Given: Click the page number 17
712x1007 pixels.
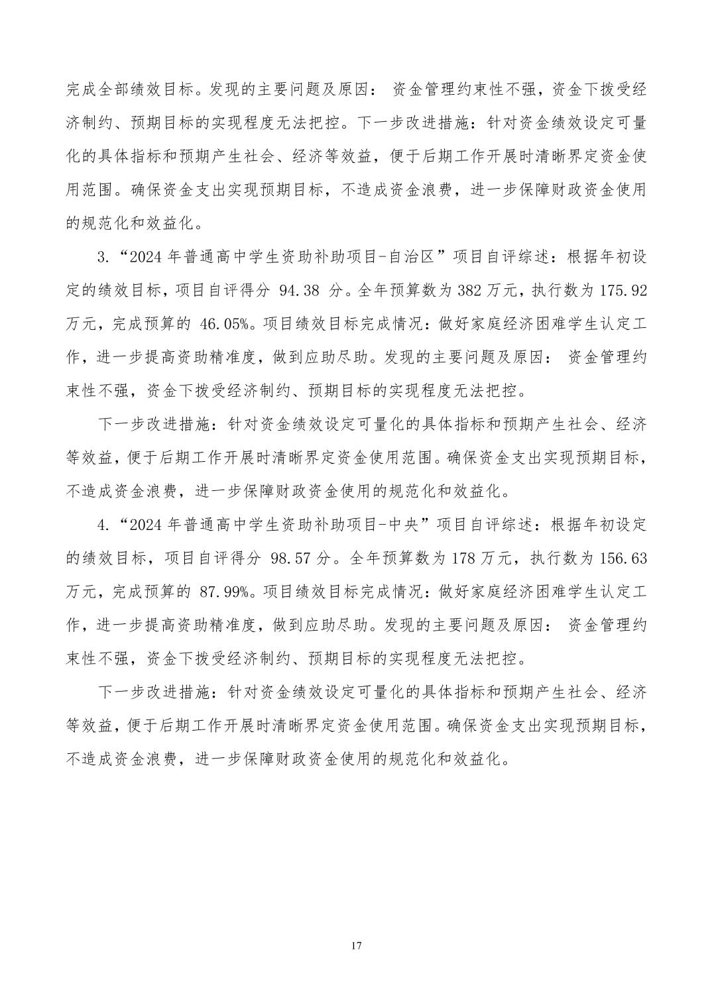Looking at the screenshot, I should [x=356, y=945].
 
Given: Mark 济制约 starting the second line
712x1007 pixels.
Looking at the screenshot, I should [x=90, y=123].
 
